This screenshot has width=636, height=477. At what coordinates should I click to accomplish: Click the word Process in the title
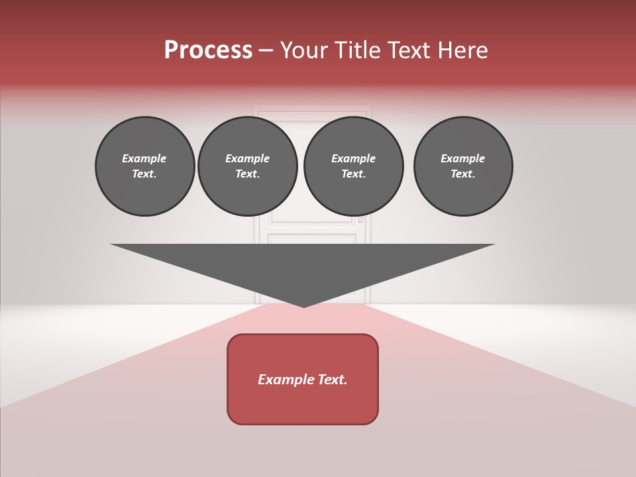click(x=208, y=50)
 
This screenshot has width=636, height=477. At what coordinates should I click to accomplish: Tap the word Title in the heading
click(x=358, y=50)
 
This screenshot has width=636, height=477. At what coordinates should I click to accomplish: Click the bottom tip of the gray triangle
click(x=303, y=306)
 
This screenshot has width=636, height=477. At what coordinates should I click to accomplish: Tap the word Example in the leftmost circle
click(x=144, y=158)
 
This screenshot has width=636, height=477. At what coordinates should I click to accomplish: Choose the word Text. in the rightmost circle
click(x=463, y=174)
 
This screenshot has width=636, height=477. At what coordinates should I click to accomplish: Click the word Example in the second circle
click(x=247, y=158)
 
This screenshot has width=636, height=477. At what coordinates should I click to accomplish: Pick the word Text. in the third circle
click(x=353, y=174)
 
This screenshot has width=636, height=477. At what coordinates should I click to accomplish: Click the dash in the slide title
click(x=266, y=50)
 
